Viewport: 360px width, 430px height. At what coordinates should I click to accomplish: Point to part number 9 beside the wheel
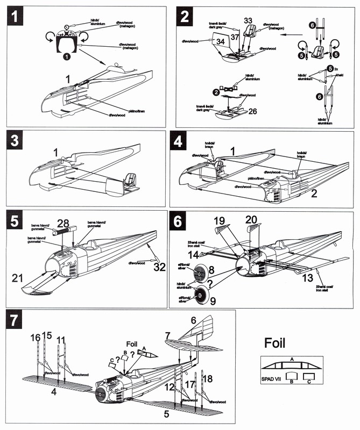pyautogui.click(x=213, y=301)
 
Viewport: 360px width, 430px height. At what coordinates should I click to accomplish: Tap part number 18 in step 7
pyautogui.click(x=207, y=379)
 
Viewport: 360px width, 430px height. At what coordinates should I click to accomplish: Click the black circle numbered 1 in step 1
pyautogui.click(x=67, y=56)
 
